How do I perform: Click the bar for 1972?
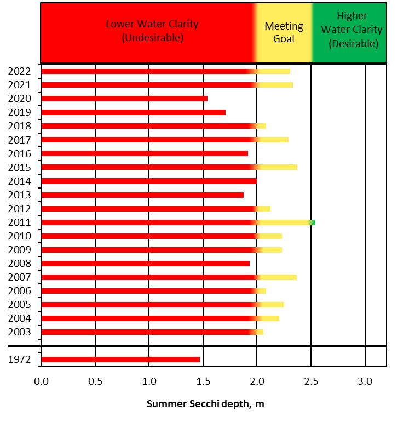[120, 359]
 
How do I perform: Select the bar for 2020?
[124, 99]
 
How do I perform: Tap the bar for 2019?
[133, 112]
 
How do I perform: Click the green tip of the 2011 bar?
[313, 222]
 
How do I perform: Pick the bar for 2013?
[142, 195]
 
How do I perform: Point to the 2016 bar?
[145, 153]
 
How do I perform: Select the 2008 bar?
[145, 264]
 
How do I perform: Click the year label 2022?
[20, 71]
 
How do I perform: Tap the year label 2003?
[20, 332]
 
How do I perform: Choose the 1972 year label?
[20, 359]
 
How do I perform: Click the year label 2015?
[20, 167]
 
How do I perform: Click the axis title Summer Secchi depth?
[205, 404]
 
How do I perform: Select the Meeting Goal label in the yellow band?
[284, 32]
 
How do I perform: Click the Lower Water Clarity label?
[152, 31]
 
